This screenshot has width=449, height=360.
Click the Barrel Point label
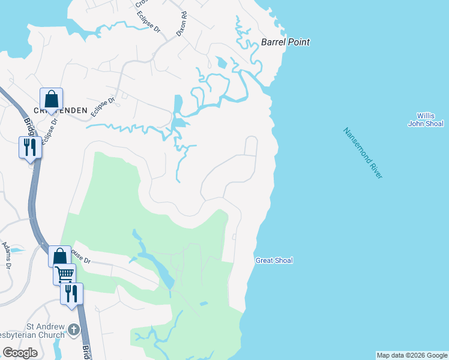coord(285,42)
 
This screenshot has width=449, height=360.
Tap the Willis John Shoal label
coord(426,119)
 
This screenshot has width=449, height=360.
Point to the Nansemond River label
coord(363,152)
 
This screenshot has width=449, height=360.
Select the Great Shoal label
coord(274,260)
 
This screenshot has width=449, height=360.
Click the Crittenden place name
coord(60,110)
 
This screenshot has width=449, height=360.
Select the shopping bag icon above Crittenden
coord(52,99)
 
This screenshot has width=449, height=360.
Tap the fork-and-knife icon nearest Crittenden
coord(30,148)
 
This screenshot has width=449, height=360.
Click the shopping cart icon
coord(65,275)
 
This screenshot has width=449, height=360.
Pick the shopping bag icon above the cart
coord(59,257)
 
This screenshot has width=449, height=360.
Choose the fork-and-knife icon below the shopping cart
coord(71,294)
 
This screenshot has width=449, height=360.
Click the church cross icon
coord(73,329)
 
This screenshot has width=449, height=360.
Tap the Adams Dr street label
coord(7,255)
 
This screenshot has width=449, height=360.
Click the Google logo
coord(20,352)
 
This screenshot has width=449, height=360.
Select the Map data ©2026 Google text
coord(412,355)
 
